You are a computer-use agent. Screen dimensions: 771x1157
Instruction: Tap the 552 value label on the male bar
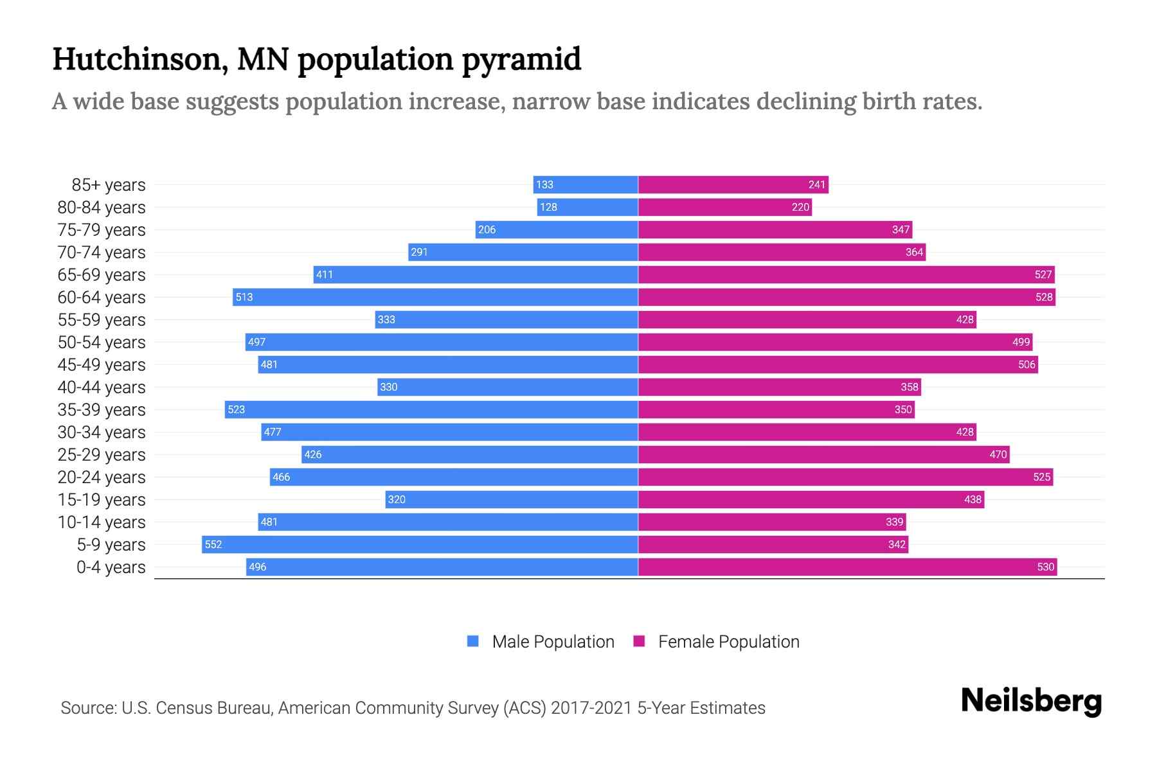213,545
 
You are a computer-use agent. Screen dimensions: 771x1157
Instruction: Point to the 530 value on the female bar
1045,567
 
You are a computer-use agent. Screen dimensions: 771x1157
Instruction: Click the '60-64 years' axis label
102,297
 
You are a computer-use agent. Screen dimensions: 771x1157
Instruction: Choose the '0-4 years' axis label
111,567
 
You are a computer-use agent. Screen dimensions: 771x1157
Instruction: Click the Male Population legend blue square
473,641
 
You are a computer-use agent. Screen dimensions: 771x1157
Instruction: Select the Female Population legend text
728,642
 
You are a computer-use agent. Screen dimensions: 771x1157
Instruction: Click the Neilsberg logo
1031,701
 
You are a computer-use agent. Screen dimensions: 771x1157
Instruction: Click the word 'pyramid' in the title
521,60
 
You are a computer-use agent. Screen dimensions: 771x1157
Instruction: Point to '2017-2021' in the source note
591,708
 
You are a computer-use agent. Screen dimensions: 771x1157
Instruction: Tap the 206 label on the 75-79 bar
487,230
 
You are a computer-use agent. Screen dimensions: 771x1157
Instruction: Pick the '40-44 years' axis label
102,387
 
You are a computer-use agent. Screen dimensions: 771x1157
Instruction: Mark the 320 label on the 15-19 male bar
397,500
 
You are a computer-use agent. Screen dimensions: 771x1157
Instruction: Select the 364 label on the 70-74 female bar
914,253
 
